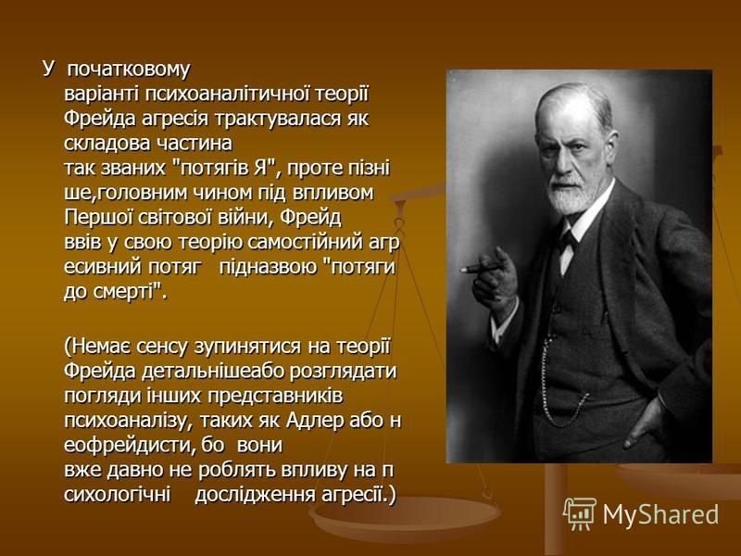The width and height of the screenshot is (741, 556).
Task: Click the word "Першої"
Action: click(98, 218)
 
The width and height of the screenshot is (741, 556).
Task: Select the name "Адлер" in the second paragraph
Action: click(315, 421)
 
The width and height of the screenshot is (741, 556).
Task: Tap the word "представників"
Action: click(274, 396)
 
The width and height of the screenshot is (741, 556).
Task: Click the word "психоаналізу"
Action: click(126, 421)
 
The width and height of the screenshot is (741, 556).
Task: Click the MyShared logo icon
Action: click(580, 513)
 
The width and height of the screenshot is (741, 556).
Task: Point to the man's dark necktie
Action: click(568, 240)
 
